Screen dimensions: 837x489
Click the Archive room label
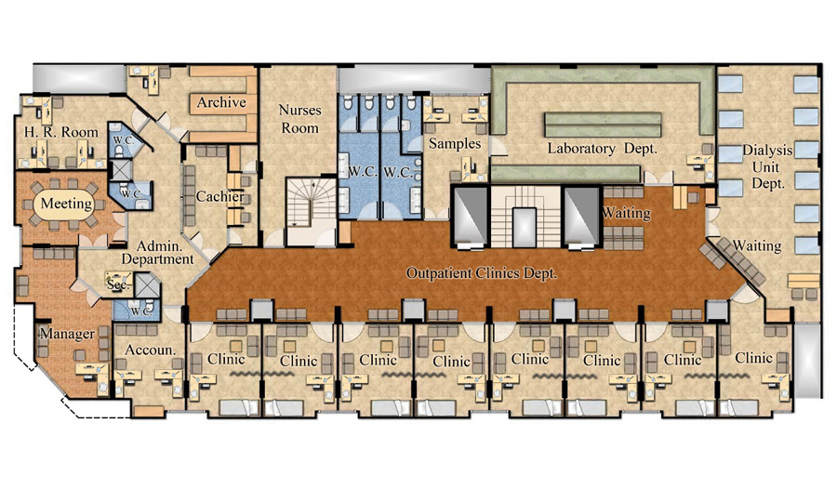221,102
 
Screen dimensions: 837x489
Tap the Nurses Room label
300,119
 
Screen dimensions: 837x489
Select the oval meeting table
66,204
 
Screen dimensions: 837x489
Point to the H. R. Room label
61,132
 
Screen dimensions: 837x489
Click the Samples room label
455,143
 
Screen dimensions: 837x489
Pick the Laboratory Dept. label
602,149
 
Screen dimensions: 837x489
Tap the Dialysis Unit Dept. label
767,166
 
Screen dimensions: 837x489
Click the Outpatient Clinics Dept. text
482,273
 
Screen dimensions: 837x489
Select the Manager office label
67,334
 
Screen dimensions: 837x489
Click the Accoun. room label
151,350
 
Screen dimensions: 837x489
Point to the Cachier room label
219,196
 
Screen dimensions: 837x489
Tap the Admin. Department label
157,253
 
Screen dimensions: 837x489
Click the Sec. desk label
118,284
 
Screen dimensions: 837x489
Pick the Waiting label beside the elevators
626,214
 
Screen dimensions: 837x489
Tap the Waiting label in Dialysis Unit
756,246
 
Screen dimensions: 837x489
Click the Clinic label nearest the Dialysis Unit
753,357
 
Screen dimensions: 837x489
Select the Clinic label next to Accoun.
226,358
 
